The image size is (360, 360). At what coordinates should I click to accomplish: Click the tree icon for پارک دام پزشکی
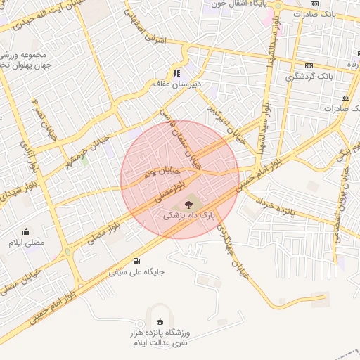187,204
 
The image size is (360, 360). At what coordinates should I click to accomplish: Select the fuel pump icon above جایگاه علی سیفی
136,260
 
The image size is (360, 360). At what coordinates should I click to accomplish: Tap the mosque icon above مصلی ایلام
27,231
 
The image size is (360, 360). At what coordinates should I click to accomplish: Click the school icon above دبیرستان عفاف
177,72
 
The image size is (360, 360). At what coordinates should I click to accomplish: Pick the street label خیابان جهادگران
233,250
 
